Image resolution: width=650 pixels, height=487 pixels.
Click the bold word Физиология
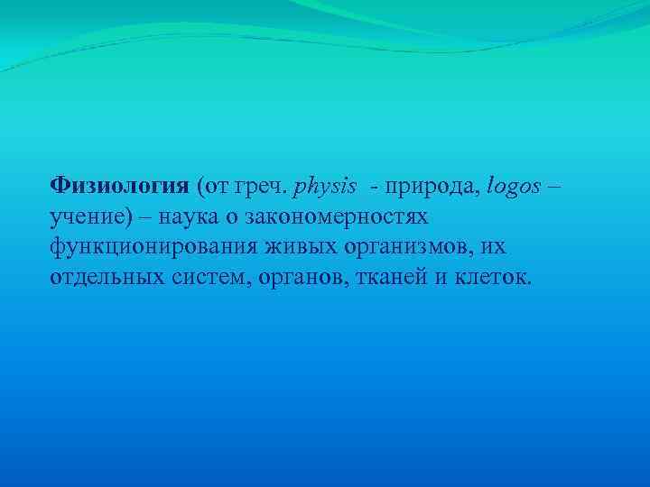coord(119,186)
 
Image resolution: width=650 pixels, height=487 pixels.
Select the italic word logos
coord(514,187)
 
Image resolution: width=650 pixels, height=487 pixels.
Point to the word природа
coord(432,187)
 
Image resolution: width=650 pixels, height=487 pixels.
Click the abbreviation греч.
coord(260,187)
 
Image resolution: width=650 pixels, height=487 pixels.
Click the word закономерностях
coord(342,216)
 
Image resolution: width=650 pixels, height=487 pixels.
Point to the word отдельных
coord(105,276)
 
